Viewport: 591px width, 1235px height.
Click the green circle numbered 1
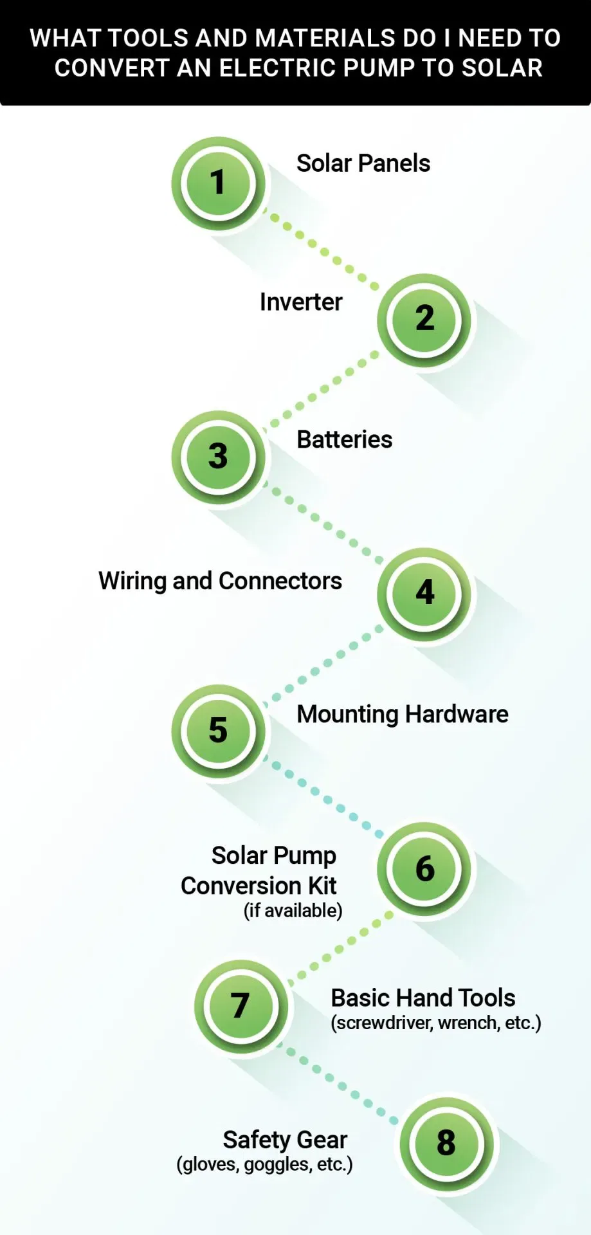pos(218,183)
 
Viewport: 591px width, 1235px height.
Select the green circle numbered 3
pos(218,457)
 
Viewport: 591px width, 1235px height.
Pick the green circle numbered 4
pos(424,593)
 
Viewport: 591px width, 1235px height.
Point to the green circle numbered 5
pos(218,731)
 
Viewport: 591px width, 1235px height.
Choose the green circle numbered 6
pos(424,869)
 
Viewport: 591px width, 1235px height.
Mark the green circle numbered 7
pos(241,1006)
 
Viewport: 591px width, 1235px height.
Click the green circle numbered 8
pos(446,1144)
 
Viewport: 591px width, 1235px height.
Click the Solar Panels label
pos(363,163)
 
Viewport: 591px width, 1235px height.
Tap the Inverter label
pos(300,302)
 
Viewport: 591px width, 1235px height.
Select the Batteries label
pos(344,440)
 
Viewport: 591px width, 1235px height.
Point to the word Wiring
pos(132,581)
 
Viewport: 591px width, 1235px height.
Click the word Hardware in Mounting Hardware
pos(457,714)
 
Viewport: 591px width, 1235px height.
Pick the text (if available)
pos(293,911)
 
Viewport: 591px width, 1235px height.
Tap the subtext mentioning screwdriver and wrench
pos(435,1023)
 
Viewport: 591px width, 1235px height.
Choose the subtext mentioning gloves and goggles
pos(264,1164)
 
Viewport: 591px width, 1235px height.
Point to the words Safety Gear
pos(285,1140)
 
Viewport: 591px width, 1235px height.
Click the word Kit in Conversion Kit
pos(322,886)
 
